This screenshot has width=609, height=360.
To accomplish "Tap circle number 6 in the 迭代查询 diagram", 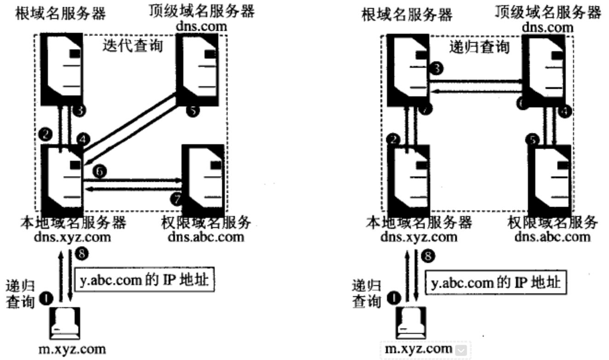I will point(99,171).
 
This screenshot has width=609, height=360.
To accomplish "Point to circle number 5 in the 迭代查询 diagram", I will point(192,110).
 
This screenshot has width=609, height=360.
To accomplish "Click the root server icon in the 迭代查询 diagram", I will point(61,69).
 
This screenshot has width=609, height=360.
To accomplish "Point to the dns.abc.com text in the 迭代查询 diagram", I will point(212,238).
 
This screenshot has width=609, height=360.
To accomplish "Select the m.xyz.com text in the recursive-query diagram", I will point(418,349).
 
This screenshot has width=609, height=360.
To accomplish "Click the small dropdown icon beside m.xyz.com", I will point(460,350).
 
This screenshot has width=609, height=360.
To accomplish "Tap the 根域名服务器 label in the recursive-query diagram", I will point(407,14).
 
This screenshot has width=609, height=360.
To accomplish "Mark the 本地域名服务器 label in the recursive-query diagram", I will point(418,223).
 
